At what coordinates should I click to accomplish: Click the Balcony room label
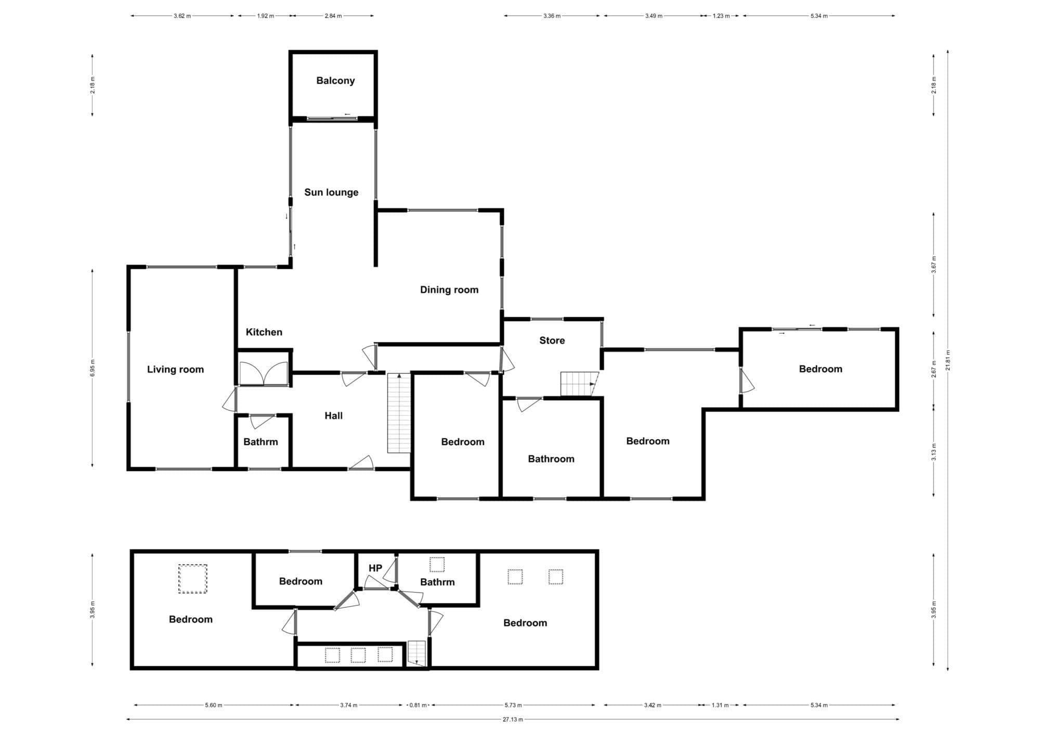pyautogui.click(x=335, y=81)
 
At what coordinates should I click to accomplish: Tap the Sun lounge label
pyautogui.click(x=331, y=192)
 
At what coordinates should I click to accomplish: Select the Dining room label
pyautogui.click(x=449, y=290)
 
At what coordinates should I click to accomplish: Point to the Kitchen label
pyautogui.click(x=264, y=332)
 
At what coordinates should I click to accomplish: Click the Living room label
pyautogui.click(x=175, y=370)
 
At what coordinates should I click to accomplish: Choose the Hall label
pyautogui.click(x=333, y=416)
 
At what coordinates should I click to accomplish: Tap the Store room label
pyautogui.click(x=552, y=340)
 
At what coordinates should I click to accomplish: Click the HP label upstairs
pyautogui.click(x=375, y=568)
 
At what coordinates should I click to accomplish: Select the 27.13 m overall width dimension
pyautogui.click(x=513, y=719)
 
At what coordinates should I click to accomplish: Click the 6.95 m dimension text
pyautogui.click(x=93, y=368)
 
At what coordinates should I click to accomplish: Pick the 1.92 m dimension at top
pyautogui.click(x=265, y=16)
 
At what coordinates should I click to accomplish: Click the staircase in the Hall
pyautogui.click(x=399, y=413)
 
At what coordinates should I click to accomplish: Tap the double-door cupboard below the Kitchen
pyautogui.click(x=264, y=370)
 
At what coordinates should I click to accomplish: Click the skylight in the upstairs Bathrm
pyautogui.click(x=437, y=565)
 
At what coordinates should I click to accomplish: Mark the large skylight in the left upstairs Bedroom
pyautogui.click(x=193, y=579)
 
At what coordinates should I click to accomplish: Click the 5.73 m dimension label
pyautogui.click(x=513, y=705)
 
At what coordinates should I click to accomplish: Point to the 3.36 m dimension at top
pyautogui.click(x=552, y=16)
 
